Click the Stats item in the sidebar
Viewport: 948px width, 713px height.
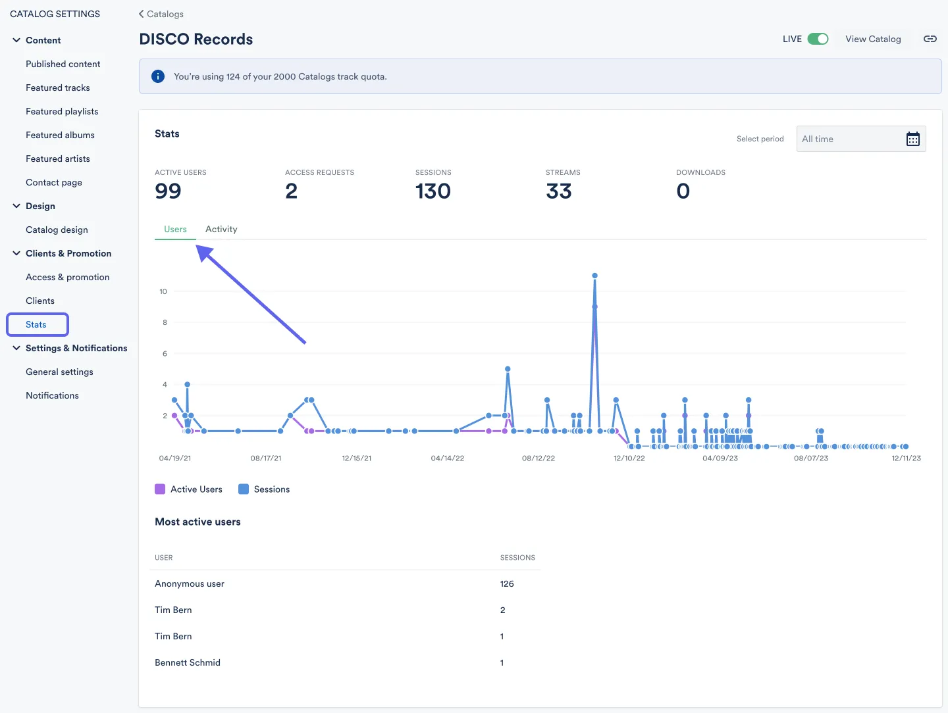[x=36, y=324]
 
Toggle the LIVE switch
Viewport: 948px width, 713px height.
[x=818, y=39]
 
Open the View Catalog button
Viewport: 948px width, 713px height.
[x=873, y=39]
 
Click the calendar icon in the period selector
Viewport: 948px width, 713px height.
[x=912, y=139]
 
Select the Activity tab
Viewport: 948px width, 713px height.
[x=221, y=229]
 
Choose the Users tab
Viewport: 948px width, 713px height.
[x=175, y=229]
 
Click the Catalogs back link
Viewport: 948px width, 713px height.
[x=161, y=14]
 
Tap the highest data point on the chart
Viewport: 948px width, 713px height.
[x=594, y=276]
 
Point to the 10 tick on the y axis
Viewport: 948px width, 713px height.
[x=163, y=291]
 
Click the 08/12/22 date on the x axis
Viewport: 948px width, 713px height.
[x=539, y=458]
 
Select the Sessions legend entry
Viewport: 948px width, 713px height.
[x=264, y=489]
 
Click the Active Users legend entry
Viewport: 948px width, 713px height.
[x=189, y=489]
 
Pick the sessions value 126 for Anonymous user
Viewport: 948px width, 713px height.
[x=507, y=583]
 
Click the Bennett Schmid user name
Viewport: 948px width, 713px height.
[x=188, y=662]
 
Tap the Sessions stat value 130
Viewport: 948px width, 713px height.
[x=433, y=191]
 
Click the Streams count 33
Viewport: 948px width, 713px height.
[x=558, y=191]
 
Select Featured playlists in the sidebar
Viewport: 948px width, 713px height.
[x=62, y=111]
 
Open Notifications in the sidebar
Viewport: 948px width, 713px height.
[x=52, y=395]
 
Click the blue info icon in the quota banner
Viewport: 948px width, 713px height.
[x=158, y=76]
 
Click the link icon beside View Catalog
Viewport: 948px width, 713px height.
[x=930, y=39]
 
